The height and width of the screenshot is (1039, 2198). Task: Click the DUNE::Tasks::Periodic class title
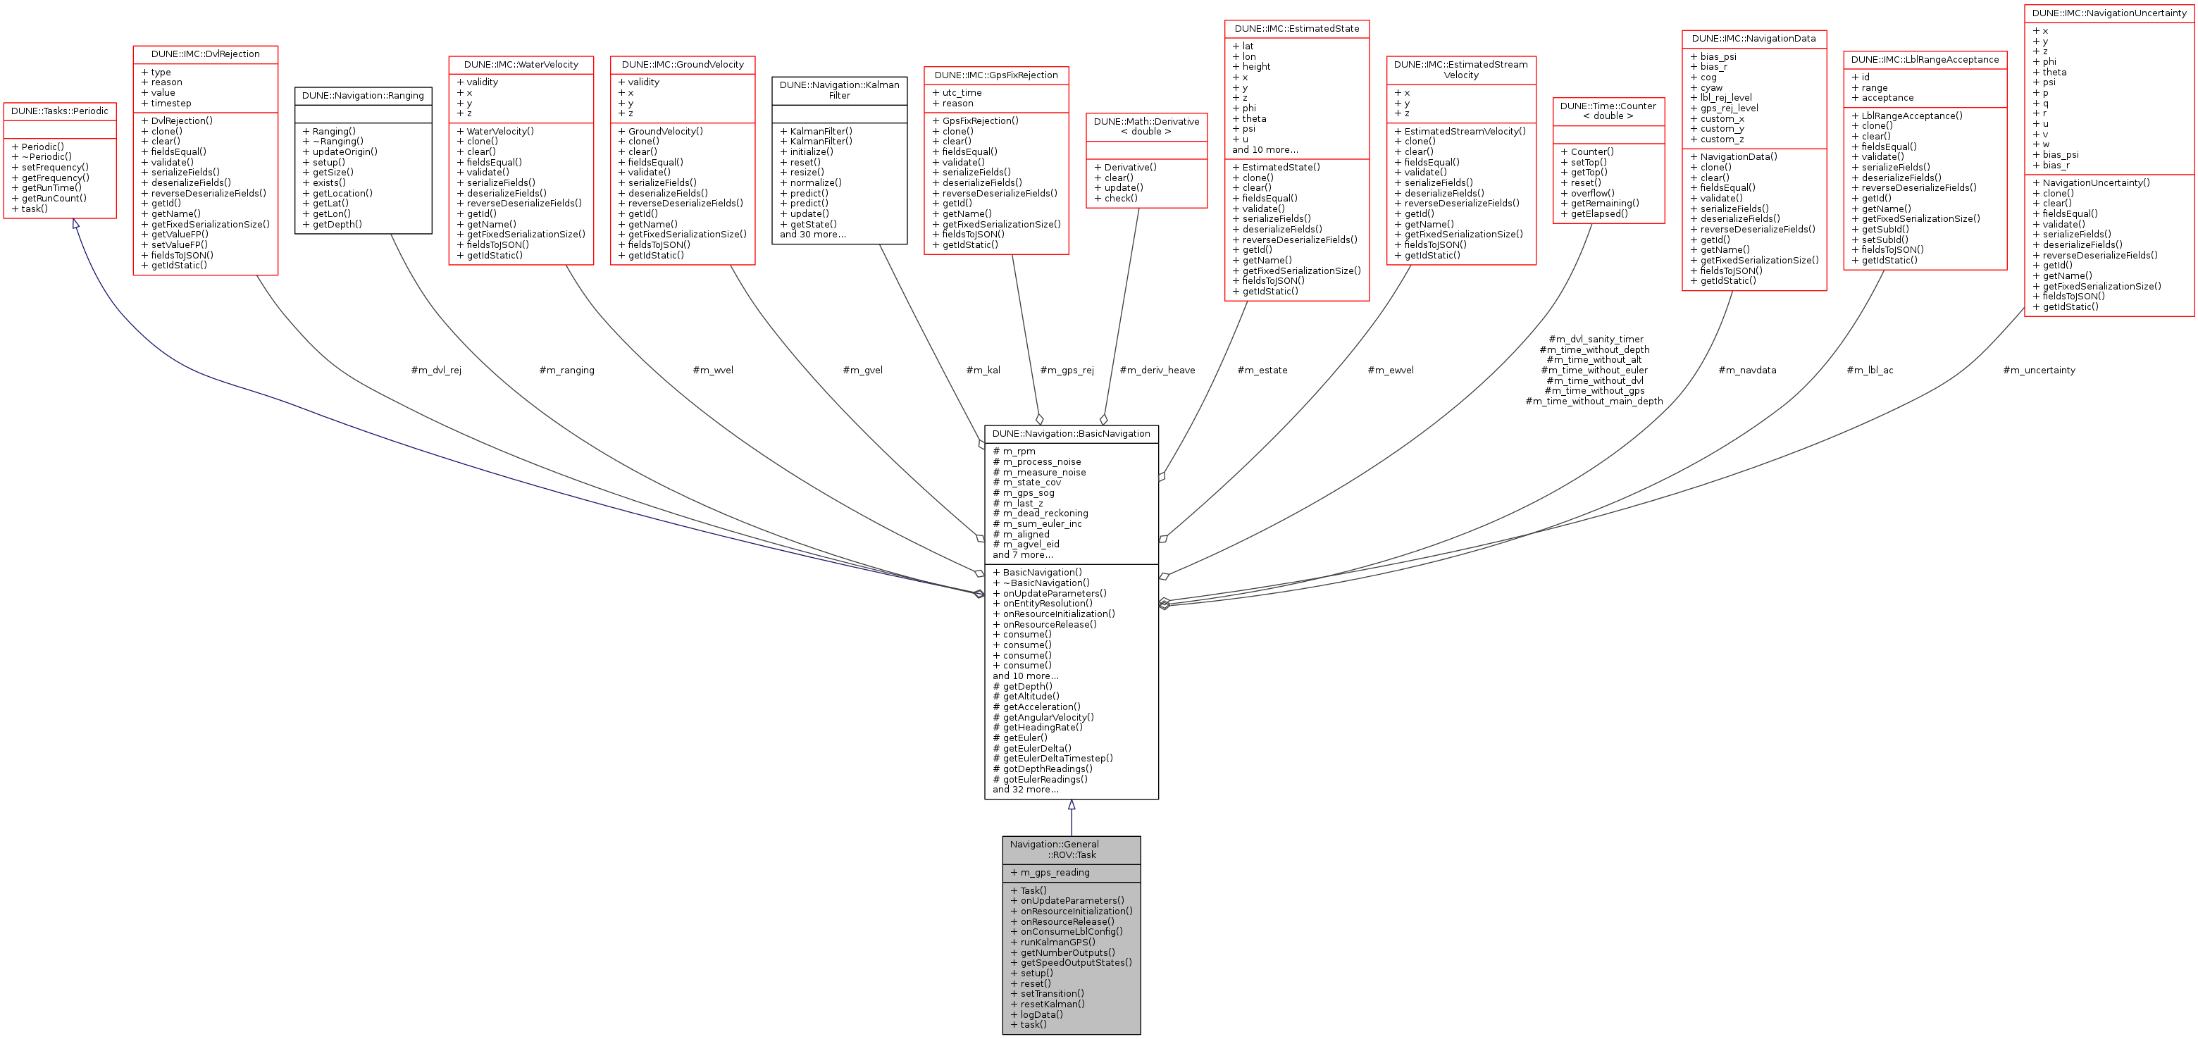tap(60, 111)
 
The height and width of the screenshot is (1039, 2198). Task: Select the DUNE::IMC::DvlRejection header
tap(206, 54)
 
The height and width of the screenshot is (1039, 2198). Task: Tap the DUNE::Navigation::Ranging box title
tap(363, 96)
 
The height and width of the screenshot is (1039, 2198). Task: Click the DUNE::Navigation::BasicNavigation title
tap(1071, 433)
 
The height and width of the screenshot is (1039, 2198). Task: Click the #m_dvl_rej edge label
tap(436, 371)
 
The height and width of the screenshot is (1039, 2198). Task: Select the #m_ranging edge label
tap(566, 371)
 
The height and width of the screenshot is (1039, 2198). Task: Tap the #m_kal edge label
tap(983, 371)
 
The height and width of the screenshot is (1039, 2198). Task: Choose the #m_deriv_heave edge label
tap(1157, 371)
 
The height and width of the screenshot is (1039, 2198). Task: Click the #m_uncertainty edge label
tap(2039, 371)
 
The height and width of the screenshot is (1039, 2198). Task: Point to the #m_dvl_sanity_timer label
tap(1596, 340)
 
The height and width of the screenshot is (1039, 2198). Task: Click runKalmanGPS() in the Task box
tap(1057, 942)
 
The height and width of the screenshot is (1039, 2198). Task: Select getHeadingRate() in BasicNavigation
tap(1042, 728)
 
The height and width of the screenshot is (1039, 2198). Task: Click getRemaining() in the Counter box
tap(1604, 203)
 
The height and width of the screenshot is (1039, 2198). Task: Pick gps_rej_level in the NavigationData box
tap(1729, 108)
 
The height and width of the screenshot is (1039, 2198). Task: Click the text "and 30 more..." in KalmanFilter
tap(812, 235)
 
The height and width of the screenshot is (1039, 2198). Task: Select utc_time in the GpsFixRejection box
tap(962, 93)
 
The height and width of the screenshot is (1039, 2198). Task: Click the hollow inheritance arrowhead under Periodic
tap(76, 224)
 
